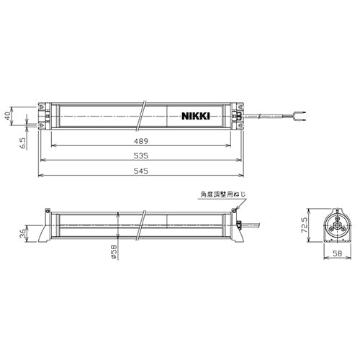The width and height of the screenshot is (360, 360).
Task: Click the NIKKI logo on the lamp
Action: tap(196, 116)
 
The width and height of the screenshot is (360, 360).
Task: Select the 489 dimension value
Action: tap(141, 141)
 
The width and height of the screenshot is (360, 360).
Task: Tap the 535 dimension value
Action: tap(141, 156)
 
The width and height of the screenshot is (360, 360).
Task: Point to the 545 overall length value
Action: tap(141, 171)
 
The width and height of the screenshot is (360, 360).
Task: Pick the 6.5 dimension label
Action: tap(24, 143)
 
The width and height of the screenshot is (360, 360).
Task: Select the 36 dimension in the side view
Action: tap(22, 233)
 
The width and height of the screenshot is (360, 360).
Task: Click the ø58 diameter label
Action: tap(114, 252)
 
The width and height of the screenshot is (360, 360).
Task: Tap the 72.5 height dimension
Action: tap(305, 225)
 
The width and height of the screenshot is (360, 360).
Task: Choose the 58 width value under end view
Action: tap(338, 253)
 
